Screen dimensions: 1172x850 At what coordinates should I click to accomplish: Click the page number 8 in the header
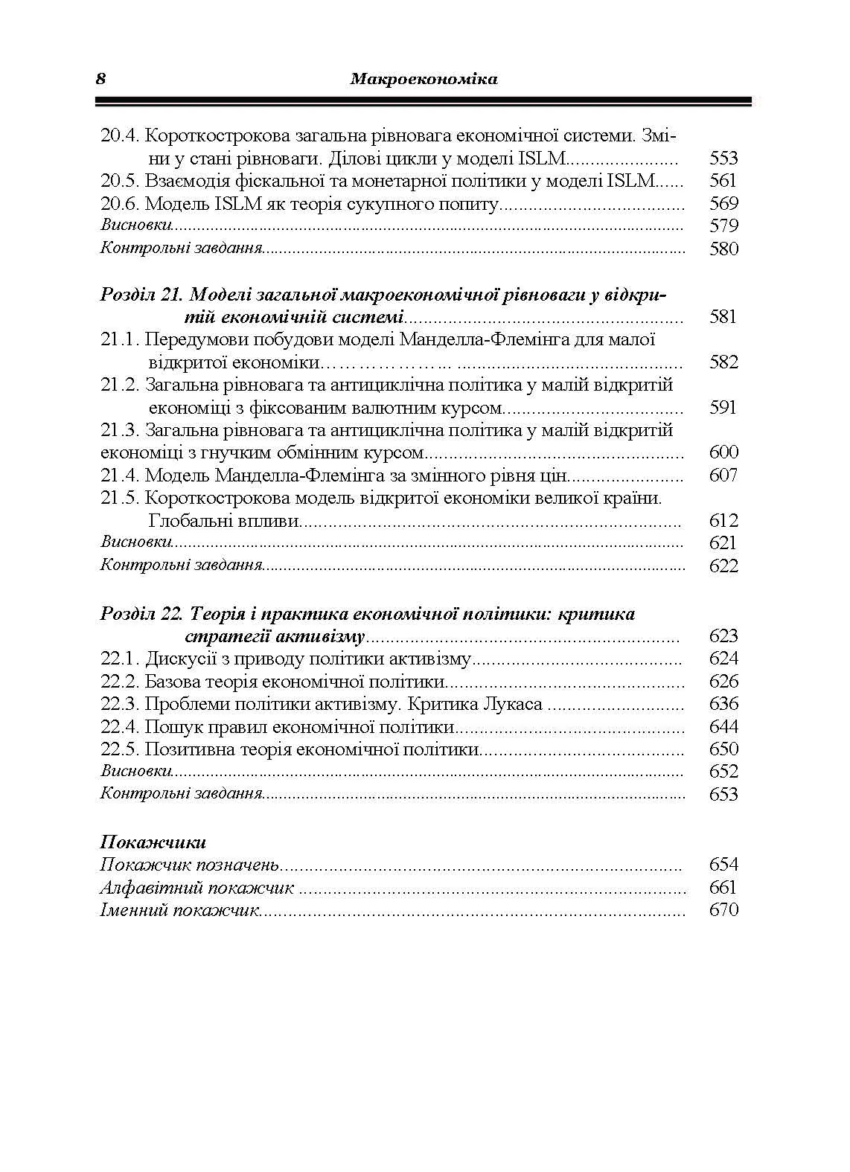tap(100, 78)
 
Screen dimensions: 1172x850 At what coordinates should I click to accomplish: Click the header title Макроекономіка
tap(424, 78)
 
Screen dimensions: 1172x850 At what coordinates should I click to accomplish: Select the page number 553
tap(723, 158)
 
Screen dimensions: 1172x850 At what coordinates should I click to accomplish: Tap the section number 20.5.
tap(120, 180)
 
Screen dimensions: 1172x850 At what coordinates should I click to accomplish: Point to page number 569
tap(723, 203)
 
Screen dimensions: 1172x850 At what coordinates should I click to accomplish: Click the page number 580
tap(723, 249)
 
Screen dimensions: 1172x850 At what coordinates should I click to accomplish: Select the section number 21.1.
tap(120, 340)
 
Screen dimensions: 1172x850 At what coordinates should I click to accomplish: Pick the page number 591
tap(723, 408)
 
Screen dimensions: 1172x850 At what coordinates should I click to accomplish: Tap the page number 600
tap(723, 452)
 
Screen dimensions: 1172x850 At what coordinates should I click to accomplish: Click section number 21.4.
tap(120, 475)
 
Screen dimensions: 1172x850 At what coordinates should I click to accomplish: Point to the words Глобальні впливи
tap(224, 520)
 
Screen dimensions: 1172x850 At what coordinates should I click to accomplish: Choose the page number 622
tap(723, 566)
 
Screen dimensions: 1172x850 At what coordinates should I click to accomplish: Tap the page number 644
tap(723, 726)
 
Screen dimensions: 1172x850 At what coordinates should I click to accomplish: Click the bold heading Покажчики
tap(153, 842)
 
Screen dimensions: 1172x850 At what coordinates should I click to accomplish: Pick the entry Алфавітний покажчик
tap(197, 888)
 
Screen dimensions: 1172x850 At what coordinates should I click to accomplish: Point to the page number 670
tap(723, 910)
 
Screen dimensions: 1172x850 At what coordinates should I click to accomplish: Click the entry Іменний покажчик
tap(179, 910)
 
